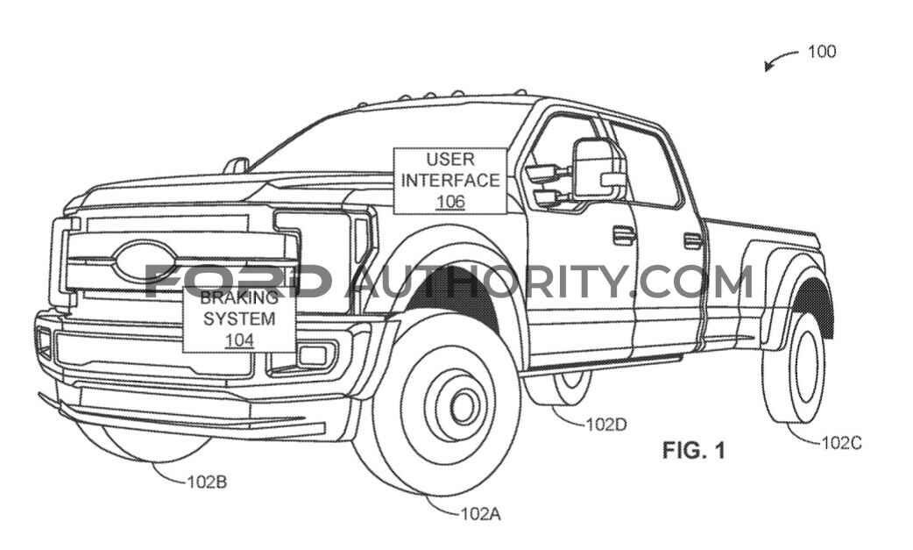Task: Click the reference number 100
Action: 822,52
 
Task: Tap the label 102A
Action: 480,513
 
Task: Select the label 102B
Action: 207,482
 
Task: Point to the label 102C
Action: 841,443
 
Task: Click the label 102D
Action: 606,425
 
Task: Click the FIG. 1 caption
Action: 693,450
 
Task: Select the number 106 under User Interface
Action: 450,202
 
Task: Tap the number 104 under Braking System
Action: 239,340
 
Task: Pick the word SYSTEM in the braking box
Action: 239,318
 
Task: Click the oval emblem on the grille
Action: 145,261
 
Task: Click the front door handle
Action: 624,235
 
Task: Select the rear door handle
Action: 692,240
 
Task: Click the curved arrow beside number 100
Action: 780,58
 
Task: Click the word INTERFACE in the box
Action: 450,181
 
